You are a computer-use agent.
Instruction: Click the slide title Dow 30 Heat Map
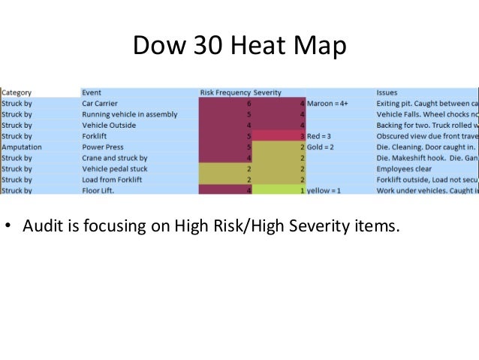[x=239, y=46]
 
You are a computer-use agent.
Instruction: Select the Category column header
[x=16, y=92]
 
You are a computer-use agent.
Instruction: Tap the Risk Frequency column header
[x=225, y=92]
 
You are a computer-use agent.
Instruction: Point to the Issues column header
[x=387, y=92]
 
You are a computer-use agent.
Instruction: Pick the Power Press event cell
[x=103, y=147]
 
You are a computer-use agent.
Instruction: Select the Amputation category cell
[x=21, y=147]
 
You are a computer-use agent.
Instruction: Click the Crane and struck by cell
[x=114, y=159]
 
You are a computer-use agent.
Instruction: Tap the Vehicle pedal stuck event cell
[x=116, y=169]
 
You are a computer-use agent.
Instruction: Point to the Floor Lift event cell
[x=98, y=191]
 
